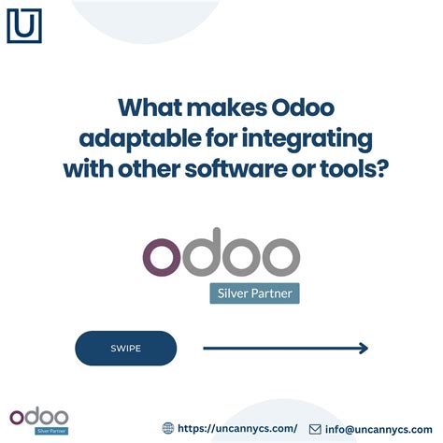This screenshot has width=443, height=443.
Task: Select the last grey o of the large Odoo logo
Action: [x=277, y=256]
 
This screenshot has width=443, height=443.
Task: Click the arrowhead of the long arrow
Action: [x=364, y=349]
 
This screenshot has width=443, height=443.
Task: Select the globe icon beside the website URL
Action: [x=169, y=428]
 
